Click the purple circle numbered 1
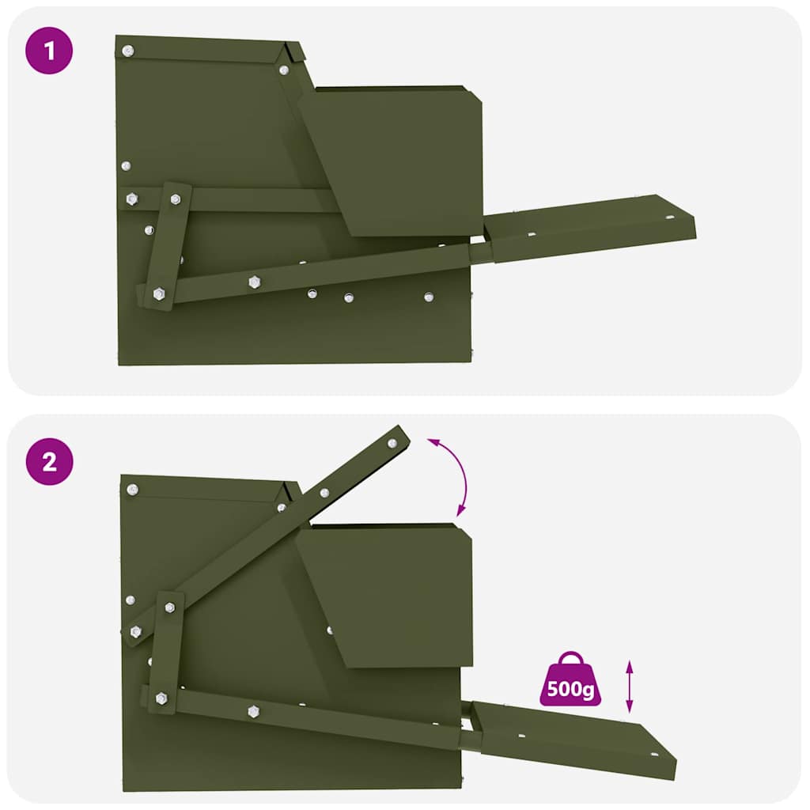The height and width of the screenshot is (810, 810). tap(50, 51)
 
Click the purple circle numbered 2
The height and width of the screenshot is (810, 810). tap(50, 461)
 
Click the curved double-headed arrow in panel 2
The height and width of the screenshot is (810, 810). tap(452, 474)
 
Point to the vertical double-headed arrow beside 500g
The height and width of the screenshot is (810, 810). tap(630, 686)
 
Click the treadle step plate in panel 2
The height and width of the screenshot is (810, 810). tap(573, 737)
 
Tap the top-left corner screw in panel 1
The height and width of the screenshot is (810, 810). tap(127, 51)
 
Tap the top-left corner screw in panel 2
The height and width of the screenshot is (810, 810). tap(132, 490)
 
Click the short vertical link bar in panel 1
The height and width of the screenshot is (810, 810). tap(167, 245)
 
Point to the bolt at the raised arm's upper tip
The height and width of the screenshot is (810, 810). tap(392, 444)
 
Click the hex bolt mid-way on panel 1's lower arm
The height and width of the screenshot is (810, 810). tap(254, 282)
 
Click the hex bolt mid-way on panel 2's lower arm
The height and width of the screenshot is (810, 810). tap(253, 711)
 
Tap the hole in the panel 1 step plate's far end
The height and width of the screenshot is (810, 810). tap(669, 216)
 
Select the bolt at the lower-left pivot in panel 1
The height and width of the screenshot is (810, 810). tap(158, 293)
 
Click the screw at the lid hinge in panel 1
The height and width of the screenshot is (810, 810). tap(283, 70)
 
